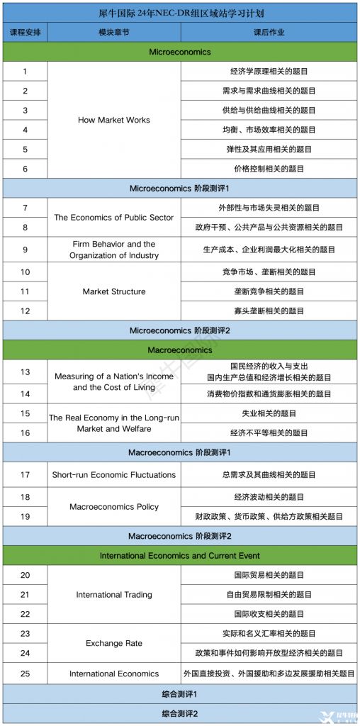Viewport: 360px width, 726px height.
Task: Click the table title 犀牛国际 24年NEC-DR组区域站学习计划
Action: click(180, 13)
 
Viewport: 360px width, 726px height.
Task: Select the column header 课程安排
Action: click(25, 33)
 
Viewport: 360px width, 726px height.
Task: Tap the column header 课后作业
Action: click(269, 33)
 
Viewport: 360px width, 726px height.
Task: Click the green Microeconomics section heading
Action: click(180, 52)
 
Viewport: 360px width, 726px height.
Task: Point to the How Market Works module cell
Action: click(114, 120)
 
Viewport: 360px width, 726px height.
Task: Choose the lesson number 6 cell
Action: click(25, 169)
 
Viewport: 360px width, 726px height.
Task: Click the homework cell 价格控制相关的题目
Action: click(269, 169)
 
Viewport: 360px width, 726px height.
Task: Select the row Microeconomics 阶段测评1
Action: click(180, 188)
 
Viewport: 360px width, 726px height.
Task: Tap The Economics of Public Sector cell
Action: click(114, 218)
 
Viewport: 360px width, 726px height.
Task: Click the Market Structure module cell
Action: click(114, 291)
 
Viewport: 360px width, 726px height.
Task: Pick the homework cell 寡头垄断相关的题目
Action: click(269, 311)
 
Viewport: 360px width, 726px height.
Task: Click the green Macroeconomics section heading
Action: click(180, 350)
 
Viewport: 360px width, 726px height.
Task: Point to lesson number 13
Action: click(25, 372)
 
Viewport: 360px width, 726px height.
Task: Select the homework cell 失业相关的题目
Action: click(269, 413)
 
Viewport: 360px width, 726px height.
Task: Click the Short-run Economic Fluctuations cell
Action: click(114, 474)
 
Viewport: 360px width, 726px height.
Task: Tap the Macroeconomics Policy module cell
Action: click(114, 507)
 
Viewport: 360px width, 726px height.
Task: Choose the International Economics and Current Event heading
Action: click(180, 555)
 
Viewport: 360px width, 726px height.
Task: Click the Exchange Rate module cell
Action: click(114, 643)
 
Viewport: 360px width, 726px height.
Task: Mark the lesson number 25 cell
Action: click(25, 674)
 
